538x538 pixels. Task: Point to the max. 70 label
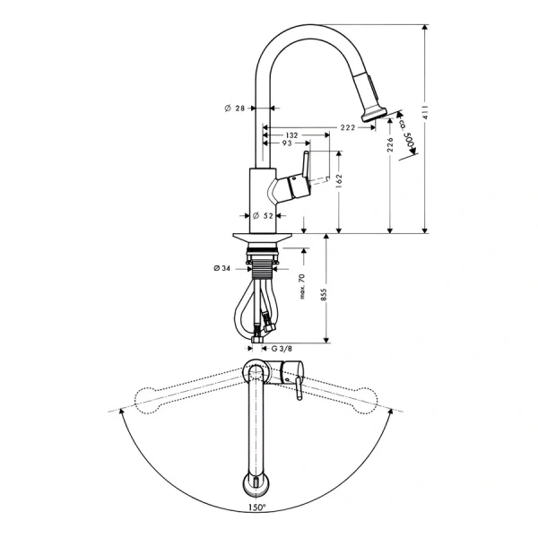[302, 287]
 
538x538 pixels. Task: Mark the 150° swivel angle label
[260, 507]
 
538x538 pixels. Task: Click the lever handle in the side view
[303, 168]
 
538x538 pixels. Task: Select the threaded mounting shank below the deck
[264, 265]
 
